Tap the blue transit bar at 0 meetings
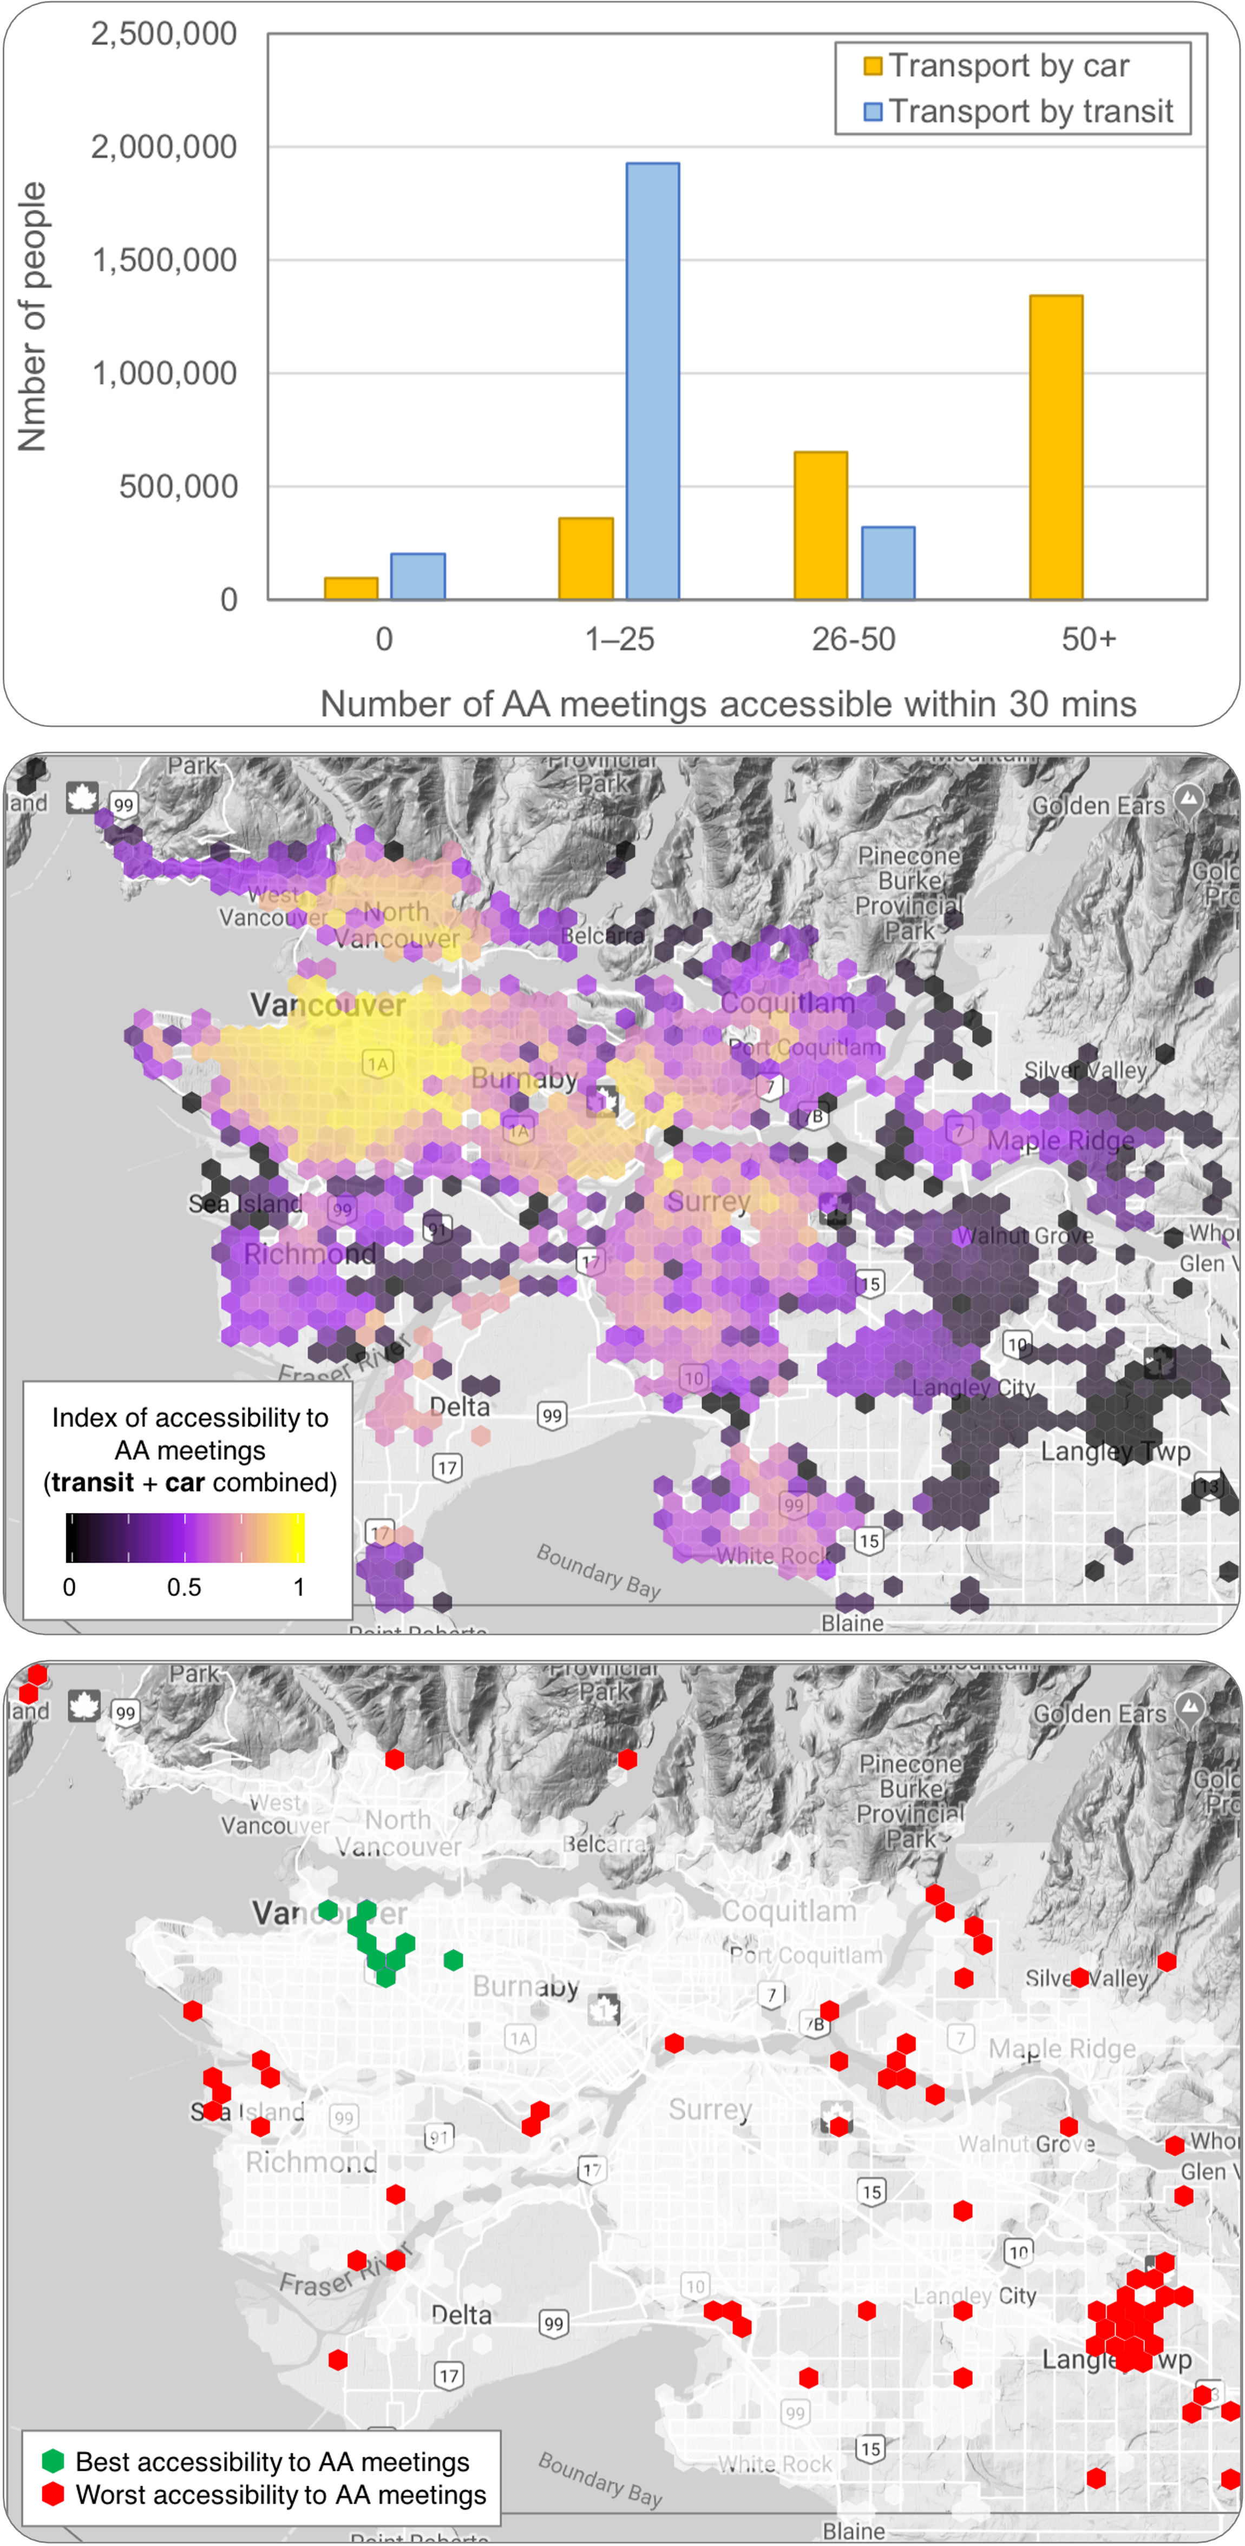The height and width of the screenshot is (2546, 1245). [417, 576]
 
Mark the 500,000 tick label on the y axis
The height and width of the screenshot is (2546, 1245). [178, 486]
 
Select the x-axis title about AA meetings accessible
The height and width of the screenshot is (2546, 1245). [728, 704]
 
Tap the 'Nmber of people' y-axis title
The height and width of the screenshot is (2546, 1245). [31, 316]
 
